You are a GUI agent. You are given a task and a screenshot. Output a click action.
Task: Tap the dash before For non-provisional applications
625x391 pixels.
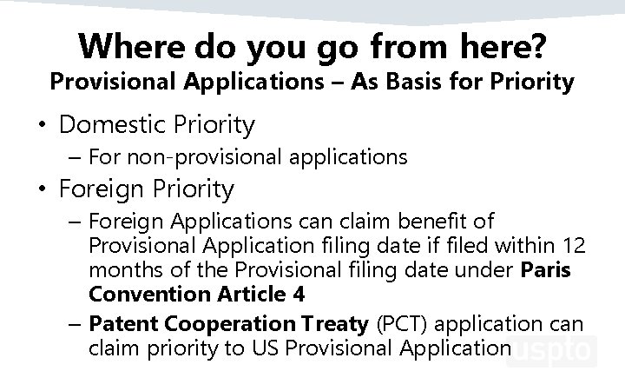pos(76,157)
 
